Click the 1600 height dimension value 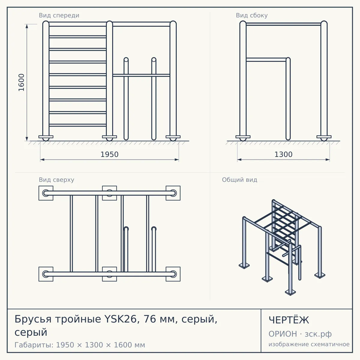click(x=22, y=82)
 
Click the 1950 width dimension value click(x=109, y=154)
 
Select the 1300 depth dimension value click(x=283, y=154)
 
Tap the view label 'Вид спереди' click(x=59, y=15)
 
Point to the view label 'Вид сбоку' click(x=252, y=15)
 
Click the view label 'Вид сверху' click(x=56, y=180)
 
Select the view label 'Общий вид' click(x=239, y=180)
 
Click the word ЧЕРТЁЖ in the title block click(x=289, y=320)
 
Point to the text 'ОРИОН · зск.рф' click(x=300, y=334)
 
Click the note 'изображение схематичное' click(x=309, y=344)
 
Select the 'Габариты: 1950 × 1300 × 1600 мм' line click(x=80, y=345)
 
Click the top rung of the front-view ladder click(x=78, y=37)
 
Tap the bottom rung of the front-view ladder click(x=78, y=125)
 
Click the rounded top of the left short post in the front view click(x=126, y=60)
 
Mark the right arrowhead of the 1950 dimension click(x=177, y=160)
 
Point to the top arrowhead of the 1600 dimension click(x=27, y=26)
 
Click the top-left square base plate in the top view click(x=46, y=193)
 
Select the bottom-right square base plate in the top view click(x=173, y=274)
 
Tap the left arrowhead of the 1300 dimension click(x=239, y=160)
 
